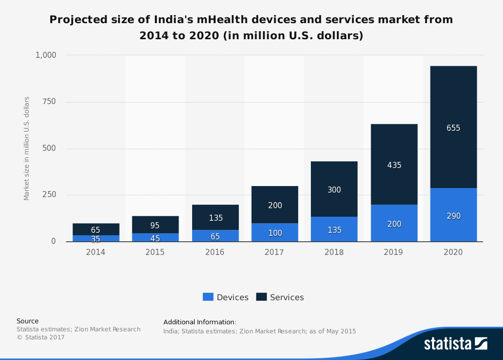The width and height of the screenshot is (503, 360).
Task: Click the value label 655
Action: pyautogui.click(x=453, y=128)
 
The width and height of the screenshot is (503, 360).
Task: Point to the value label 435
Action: pyautogui.click(x=394, y=165)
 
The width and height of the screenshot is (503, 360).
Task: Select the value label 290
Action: pyautogui.click(x=453, y=216)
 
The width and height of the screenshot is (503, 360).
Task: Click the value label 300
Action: pyautogui.click(x=334, y=190)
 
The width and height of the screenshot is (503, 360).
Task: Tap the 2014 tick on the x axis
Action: pyautogui.click(x=96, y=252)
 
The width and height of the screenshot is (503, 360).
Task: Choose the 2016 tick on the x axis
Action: pyautogui.click(x=215, y=252)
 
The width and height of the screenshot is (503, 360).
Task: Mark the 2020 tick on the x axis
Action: pyautogui.click(x=453, y=252)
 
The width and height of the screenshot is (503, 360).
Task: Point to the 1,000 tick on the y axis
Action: pyautogui.click(x=46, y=55)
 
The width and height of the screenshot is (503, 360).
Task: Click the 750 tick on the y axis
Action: pyautogui.click(x=49, y=102)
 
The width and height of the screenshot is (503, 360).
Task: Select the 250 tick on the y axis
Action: pyautogui.click(x=49, y=195)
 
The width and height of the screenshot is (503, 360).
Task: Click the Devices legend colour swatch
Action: pyautogui.click(x=208, y=297)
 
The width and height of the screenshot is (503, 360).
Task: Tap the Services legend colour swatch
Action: pyautogui.click(x=262, y=297)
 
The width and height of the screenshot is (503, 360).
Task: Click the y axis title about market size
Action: pyautogui.click(x=27, y=148)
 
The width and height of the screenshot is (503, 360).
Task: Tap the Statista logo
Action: pyautogui.click(x=455, y=343)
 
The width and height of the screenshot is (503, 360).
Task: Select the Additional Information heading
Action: pyautogui.click(x=200, y=322)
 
